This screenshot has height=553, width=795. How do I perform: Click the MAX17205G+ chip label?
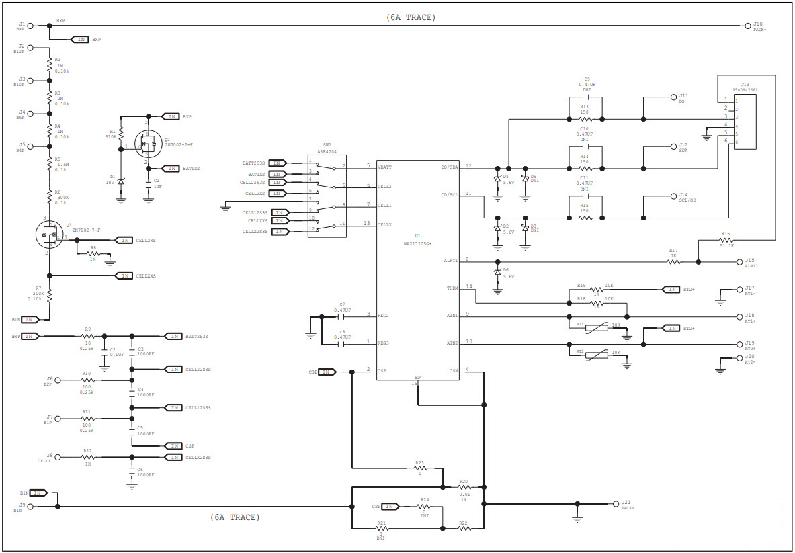pos(417,243)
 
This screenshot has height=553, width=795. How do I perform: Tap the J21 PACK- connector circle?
pos(615,503)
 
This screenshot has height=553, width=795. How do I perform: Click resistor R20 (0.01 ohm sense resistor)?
pos(464,488)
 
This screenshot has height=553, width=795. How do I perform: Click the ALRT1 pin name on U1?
pos(450,261)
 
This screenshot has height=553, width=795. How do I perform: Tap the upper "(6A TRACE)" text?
pos(411,17)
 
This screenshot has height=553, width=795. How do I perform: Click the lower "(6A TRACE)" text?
pos(235,517)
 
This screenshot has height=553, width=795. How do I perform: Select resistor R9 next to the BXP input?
pos(87,336)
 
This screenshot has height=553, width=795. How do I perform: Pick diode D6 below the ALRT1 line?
pos(497,272)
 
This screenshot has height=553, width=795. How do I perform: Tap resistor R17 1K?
pos(673,261)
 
